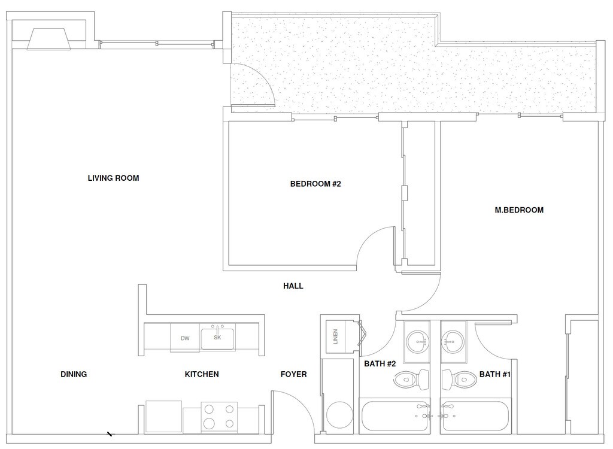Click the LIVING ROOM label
pyautogui.click(x=113, y=178)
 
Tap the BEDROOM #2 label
pyautogui.click(x=315, y=184)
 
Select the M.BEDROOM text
pyautogui.click(x=519, y=210)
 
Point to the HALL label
pyautogui.click(x=293, y=286)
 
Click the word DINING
pyautogui.click(x=74, y=374)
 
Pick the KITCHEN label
pyautogui.click(x=202, y=374)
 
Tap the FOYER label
pyautogui.click(x=293, y=374)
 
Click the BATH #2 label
pyautogui.click(x=381, y=363)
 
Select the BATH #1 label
pyautogui.click(x=494, y=374)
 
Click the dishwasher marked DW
pyautogui.click(x=185, y=338)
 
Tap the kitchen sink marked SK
pyautogui.click(x=217, y=338)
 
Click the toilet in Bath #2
pyautogui.click(x=414, y=378)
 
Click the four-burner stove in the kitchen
pyautogui.click(x=219, y=416)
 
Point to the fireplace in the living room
pyautogui.click(x=49, y=39)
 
